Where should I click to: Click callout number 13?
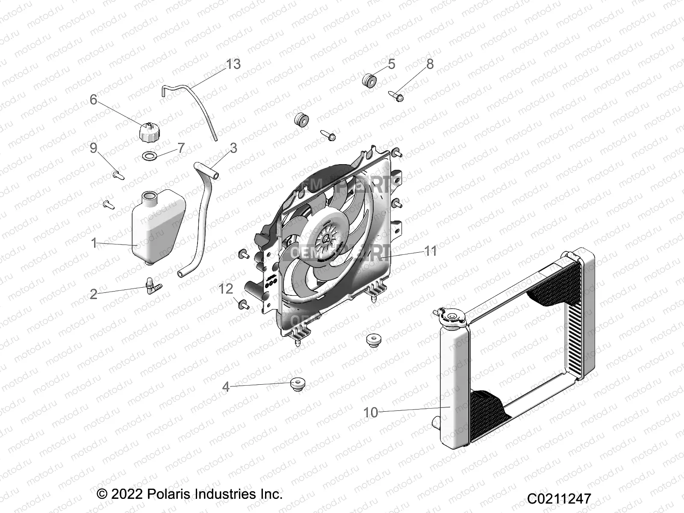click(233, 64)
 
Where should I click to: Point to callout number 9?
click(94, 148)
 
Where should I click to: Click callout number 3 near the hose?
click(233, 148)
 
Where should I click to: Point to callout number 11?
click(430, 251)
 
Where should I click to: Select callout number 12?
click(226, 289)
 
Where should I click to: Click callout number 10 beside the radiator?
click(371, 412)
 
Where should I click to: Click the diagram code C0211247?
click(559, 498)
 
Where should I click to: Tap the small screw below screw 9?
click(108, 204)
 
